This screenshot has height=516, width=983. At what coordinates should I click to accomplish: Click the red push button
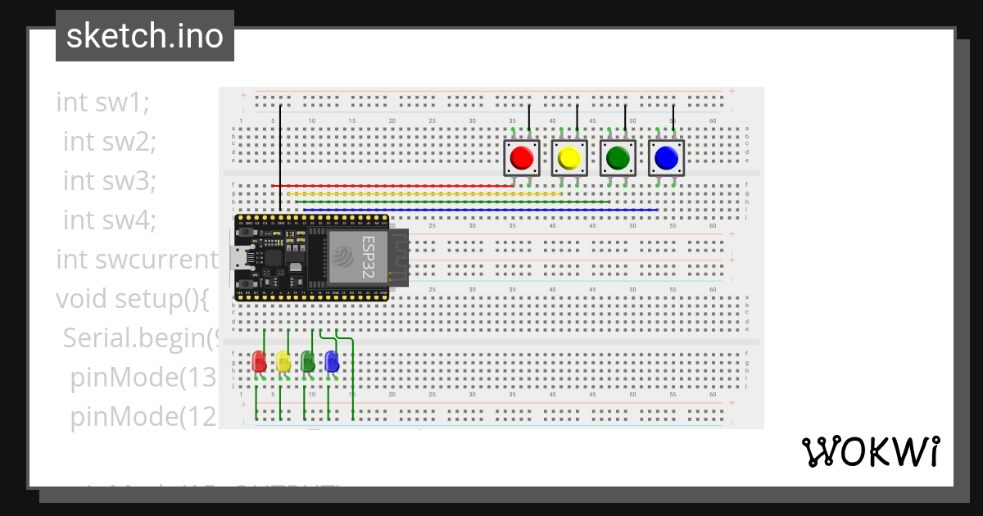[x=521, y=157]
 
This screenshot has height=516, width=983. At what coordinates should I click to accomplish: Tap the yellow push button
[x=569, y=157]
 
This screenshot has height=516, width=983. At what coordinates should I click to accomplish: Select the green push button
[x=618, y=157]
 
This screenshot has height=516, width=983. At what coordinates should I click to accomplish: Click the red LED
[x=259, y=361]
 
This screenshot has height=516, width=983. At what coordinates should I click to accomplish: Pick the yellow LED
[x=283, y=361]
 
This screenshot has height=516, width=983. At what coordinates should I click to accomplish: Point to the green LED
[x=307, y=361]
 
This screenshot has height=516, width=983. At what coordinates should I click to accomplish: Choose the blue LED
[x=332, y=361]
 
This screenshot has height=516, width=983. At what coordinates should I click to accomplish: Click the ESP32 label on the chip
[x=369, y=258]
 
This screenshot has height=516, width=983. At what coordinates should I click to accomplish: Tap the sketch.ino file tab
[x=145, y=36]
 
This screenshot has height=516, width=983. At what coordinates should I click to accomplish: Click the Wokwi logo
[x=870, y=451]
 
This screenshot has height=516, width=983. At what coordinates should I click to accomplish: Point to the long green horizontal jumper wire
[x=451, y=201]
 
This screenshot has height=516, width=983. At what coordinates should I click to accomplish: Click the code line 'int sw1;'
[x=103, y=102]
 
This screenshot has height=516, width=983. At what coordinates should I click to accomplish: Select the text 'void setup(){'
[x=132, y=299]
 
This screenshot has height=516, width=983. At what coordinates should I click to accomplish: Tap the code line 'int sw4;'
[x=109, y=220]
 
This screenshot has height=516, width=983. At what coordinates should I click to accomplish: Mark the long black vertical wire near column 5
[x=280, y=156]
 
